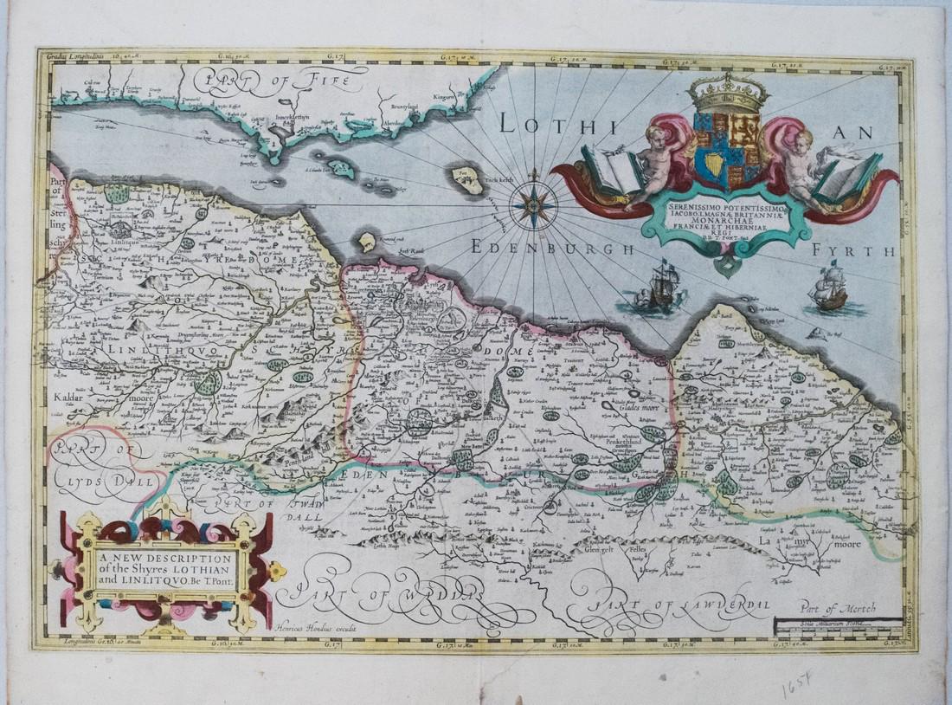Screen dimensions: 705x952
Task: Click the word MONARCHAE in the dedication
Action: tap(722, 222)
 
